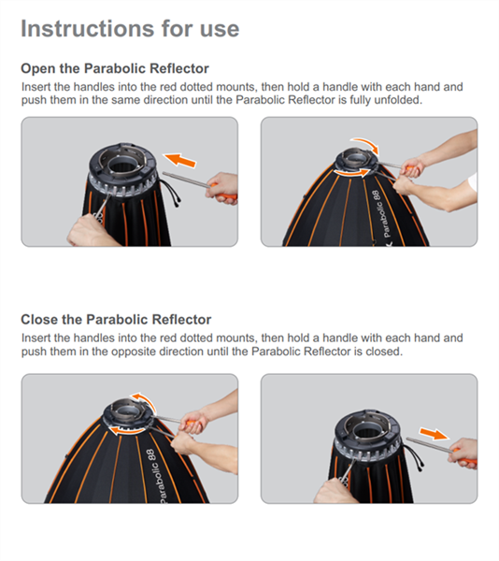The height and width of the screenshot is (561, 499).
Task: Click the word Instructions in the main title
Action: click(83, 28)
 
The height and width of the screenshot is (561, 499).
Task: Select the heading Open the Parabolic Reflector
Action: click(114, 69)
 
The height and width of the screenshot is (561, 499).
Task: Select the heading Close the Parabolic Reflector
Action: click(116, 320)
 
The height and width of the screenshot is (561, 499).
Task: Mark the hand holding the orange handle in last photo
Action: click(463, 453)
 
